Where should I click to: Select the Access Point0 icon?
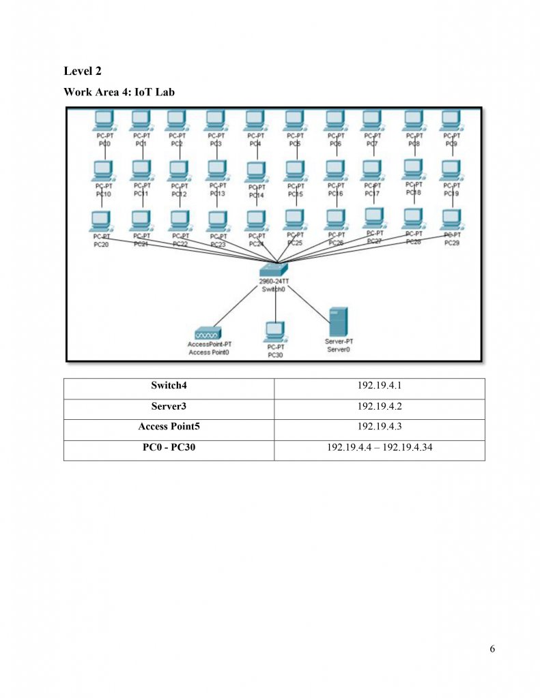208,333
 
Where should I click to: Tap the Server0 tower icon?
338,321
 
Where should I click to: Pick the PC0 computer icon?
104,121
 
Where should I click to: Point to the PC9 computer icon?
451,121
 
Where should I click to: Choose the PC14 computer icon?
255,171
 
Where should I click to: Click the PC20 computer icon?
100,220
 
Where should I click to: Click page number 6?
492,648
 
